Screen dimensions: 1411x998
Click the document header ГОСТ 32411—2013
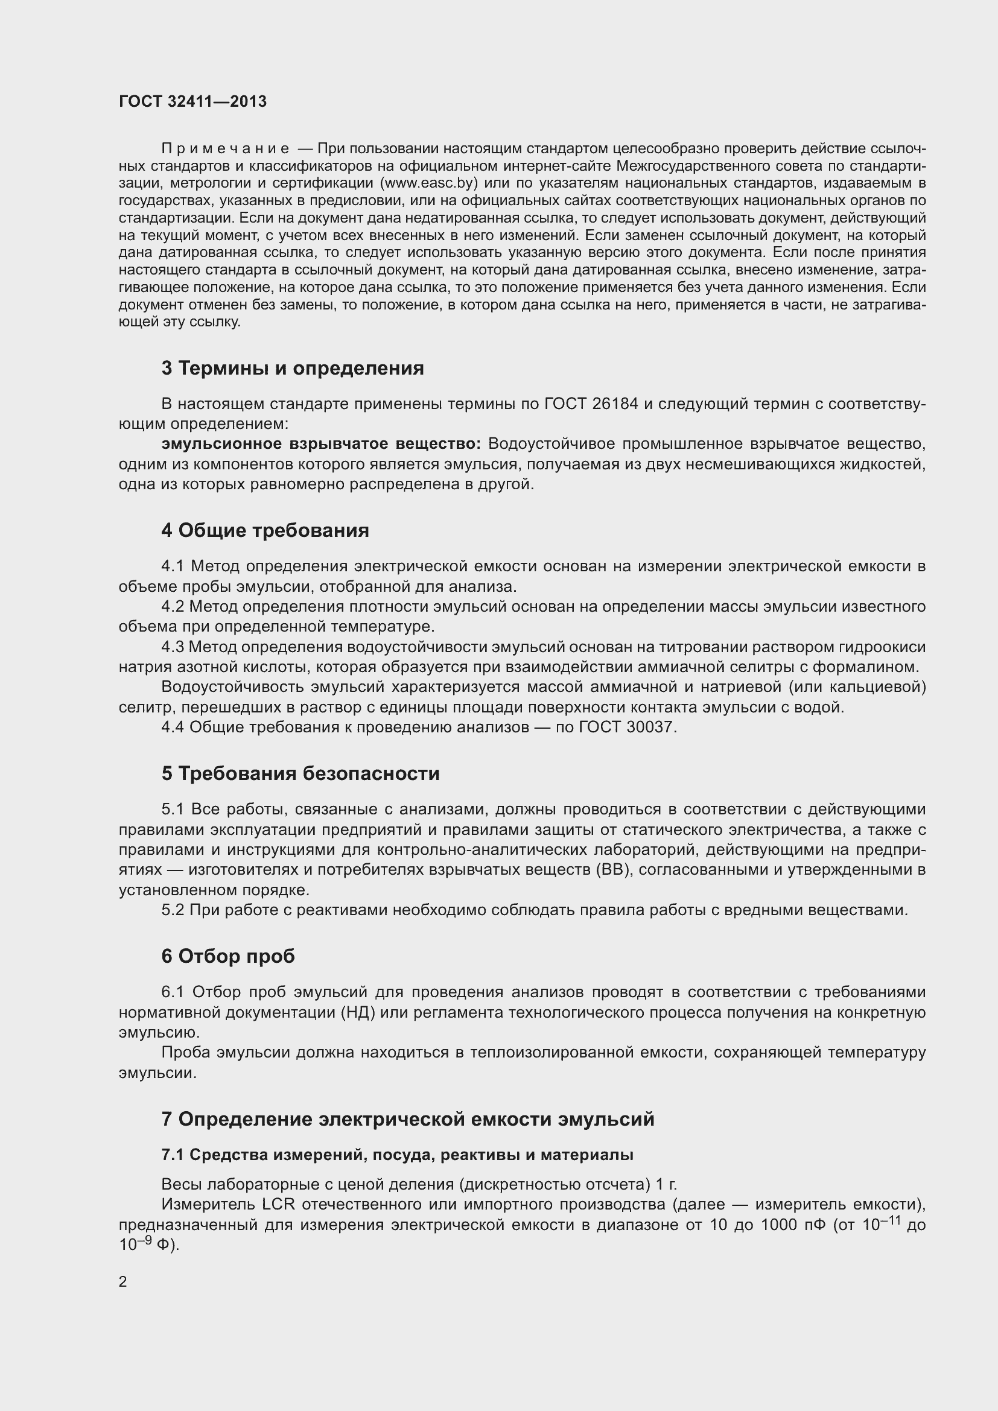192,101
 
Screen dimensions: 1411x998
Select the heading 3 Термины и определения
293,368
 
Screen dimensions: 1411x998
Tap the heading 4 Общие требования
265,530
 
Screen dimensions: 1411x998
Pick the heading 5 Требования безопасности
300,773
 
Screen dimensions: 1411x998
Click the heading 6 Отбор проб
228,956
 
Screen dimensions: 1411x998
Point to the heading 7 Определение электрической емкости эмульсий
407,1119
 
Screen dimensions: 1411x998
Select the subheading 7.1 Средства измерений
397,1155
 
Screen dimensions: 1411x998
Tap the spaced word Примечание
225,149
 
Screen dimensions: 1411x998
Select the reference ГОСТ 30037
627,728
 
